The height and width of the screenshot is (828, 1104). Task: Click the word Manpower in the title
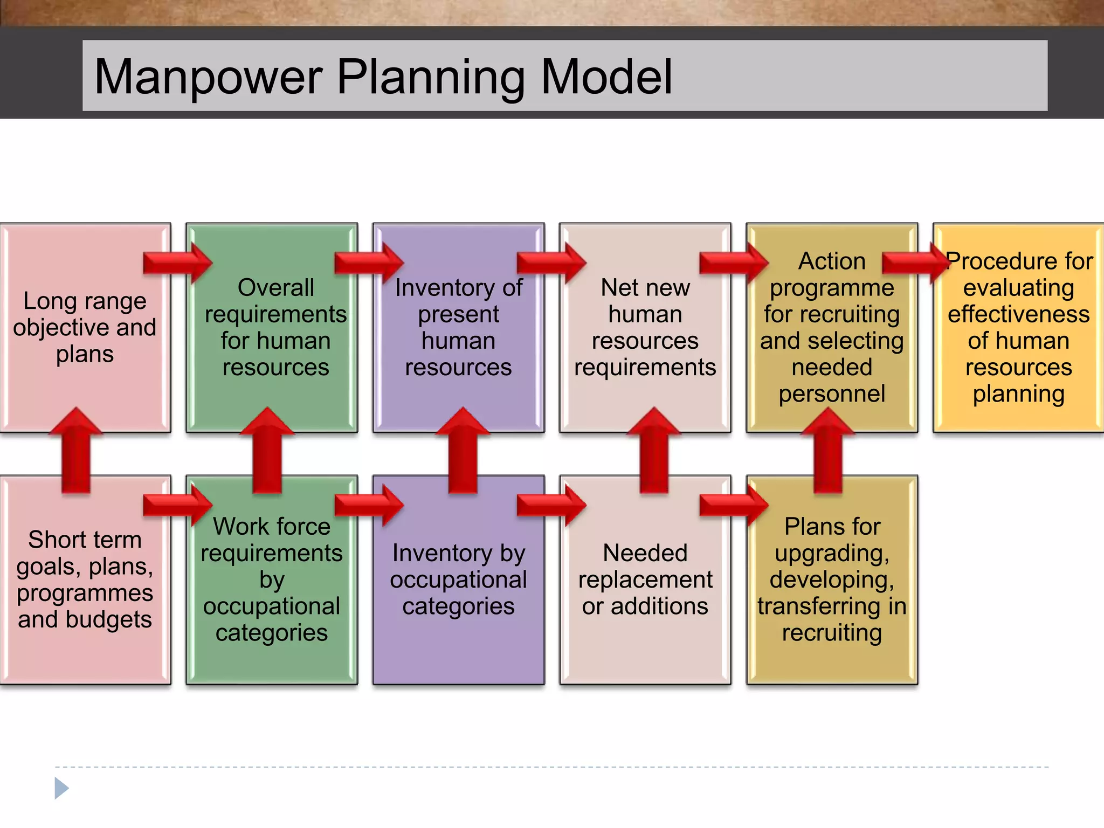[x=208, y=78]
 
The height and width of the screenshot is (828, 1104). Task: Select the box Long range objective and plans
[x=85, y=327]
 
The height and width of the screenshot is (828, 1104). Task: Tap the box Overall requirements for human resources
[x=275, y=327]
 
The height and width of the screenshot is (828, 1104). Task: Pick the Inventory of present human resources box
[x=458, y=327]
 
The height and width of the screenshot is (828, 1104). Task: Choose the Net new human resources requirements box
[x=645, y=327]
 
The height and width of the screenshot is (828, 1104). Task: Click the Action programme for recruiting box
[x=832, y=327]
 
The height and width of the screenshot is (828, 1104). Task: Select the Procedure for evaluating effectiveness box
[x=1018, y=327]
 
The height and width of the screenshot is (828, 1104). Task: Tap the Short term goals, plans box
[x=85, y=579]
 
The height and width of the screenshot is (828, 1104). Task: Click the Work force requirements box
[x=272, y=579]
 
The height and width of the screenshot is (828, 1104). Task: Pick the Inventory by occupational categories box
[x=458, y=579]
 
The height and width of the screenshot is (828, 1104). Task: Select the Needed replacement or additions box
[x=645, y=579]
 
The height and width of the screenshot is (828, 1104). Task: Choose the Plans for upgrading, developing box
[x=832, y=579]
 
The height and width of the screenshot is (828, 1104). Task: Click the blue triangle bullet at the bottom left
[x=61, y=788]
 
